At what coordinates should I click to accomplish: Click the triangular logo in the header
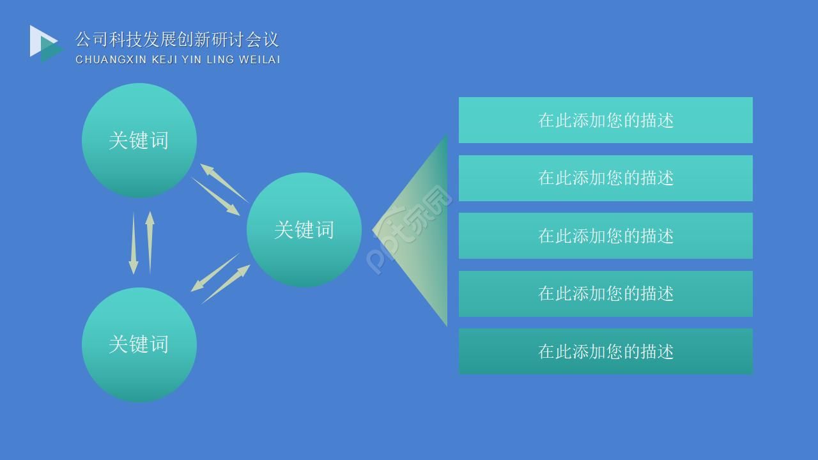45,43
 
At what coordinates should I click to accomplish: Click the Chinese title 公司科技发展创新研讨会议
177,40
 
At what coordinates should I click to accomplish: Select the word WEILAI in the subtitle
259,60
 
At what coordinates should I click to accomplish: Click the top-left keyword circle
139,141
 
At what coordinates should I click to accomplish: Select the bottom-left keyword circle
139,345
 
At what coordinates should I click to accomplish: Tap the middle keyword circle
304,230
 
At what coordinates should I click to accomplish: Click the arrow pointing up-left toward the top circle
224,183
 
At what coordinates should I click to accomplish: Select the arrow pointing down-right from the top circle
215,196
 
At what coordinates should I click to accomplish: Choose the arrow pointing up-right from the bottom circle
226,284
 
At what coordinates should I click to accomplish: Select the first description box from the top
605,120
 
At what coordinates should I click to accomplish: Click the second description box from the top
605,178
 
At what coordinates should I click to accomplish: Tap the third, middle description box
605,236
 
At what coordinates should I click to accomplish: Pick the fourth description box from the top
605,294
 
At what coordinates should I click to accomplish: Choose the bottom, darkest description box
605,351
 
